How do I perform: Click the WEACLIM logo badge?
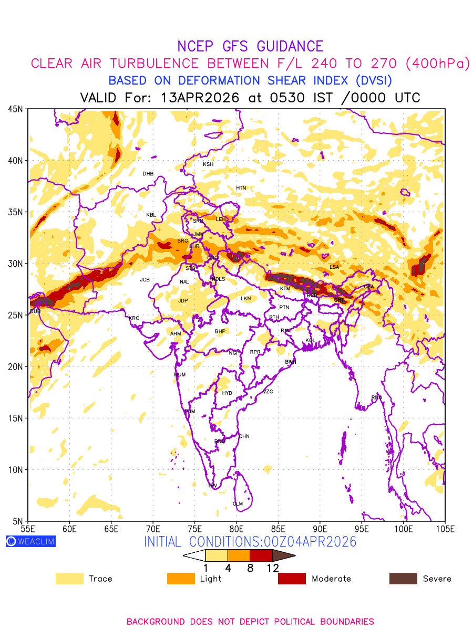click(x=30, y=541)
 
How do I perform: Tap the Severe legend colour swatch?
click(x=403, y=579)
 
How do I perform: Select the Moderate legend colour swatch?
click(x=292, y=579)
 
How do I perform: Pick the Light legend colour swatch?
click(x=180, y=579)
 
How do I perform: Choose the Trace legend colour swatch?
click(x=69, y=579)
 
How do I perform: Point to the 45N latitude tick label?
click(x=15, y=109)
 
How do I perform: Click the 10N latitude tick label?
click(x=15, y=469)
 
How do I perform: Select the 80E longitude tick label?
click(x=236, y=528)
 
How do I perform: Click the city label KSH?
click(x=208, y=164)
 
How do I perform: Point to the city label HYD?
click(x=227, y=393)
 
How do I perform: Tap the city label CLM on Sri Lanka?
click(x=238, y=504)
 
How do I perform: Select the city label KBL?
click(x=151, y=215)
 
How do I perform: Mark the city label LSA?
click(x=334, y=267)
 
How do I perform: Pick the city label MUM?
click(x=180, y=375)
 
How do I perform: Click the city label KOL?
click(x=310, y=341)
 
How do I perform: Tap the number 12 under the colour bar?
click(x=272, y=568)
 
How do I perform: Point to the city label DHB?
click(x=148, y=174)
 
